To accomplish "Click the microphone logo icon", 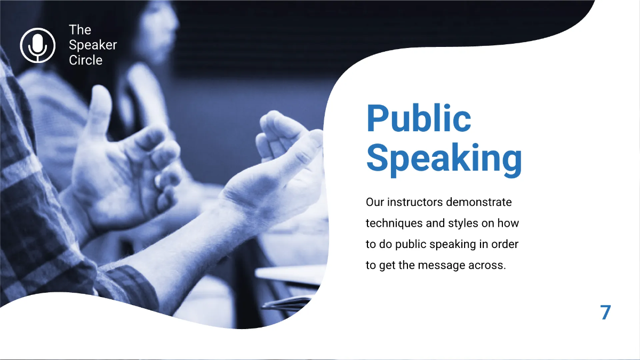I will click(x=37, y=45).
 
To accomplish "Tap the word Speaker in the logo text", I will click(x=93, y=45).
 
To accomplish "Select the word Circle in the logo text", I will click(x=85, y=60).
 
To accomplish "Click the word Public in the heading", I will click(x=419, y=118).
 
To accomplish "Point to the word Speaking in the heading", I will click(x=444, y=158).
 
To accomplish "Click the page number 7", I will click(x=605, y=312).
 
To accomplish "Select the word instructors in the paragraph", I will click(x=415, y=203).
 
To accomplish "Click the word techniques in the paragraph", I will click(x=391, y=223).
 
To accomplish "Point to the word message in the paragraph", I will click(x=443, y=265).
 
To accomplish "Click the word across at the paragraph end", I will click(x=488, y=265).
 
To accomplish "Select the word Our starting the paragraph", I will click(x=375, y=203).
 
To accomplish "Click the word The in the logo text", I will click(x=80, y=30).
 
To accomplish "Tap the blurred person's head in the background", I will click(x=157, y=21).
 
